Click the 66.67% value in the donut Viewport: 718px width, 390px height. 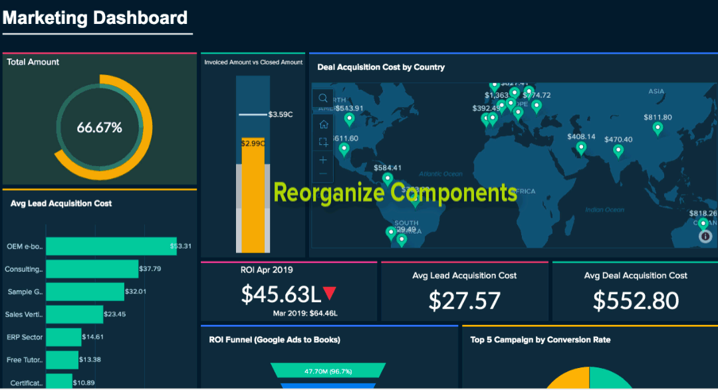tap(100, 128)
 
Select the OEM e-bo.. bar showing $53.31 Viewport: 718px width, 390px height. tap(111, 246)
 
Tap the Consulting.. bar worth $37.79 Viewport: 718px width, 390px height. tap(92, 269)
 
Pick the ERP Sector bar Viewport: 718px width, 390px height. tap(64, 338)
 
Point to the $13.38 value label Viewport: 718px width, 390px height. tap(90, 360)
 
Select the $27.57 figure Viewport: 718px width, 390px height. tap(464, 300)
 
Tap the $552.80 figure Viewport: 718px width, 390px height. tap(636, 300)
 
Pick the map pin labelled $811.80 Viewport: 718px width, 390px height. tap(658, 129)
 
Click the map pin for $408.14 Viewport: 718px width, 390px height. tap(581, 148)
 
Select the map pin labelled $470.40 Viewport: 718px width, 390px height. tap(618, 151)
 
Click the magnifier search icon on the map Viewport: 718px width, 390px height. tap(323, 98)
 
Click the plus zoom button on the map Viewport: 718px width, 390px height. tap(323, 160)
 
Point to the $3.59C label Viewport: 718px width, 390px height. tap(280, 114)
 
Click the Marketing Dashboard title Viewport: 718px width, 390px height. tap(95, 18)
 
